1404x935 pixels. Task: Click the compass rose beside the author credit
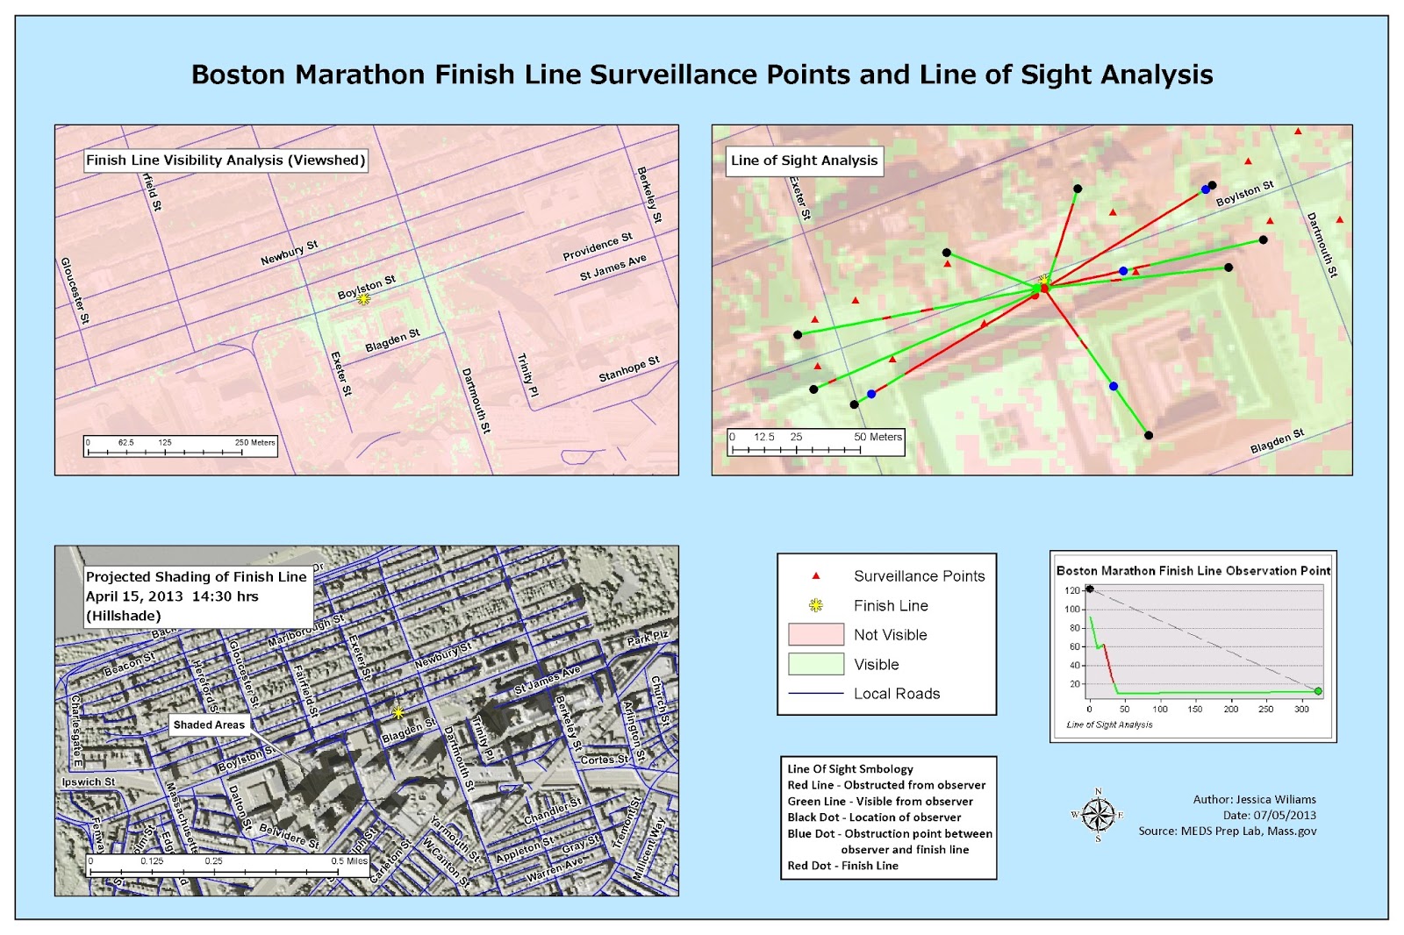coord(1098,815)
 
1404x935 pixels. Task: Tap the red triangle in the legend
coord(816,576)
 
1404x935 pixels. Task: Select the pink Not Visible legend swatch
coord(816,634)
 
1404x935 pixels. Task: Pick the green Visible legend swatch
coord(816,664)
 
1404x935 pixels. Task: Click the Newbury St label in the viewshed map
coord(290,253)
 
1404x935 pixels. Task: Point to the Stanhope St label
coord(628,369)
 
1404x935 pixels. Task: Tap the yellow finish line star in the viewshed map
coord(364,299)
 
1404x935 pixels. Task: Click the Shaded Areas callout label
coord(209,724)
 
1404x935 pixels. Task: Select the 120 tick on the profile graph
coord(1071,590)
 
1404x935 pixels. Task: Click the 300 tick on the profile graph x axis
coord(1301,709)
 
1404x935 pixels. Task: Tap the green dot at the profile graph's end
coord(1318,691)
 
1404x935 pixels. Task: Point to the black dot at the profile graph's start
coord(1090,589)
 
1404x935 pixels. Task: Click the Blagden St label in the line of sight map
coord(1278,441)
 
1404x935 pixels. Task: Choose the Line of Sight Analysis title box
coord(804,161)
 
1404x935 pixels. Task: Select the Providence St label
coord(598,246)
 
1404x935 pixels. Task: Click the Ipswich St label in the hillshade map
coord(89,782)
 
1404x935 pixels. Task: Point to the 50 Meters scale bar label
coord(877,437)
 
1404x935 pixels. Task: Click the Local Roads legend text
coord(897,694)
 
